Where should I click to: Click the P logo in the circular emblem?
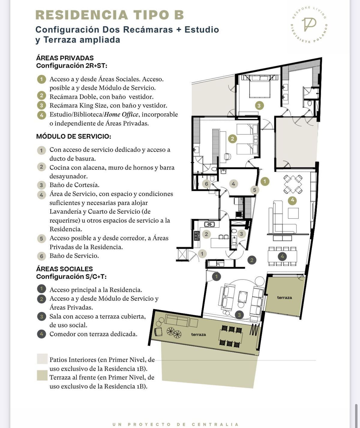[x=309, y=24]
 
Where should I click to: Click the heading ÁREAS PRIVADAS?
[x=65, y=58]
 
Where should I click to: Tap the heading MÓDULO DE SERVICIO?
[x=73, y=136]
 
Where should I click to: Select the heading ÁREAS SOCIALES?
[x=64, y=269]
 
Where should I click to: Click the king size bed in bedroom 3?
[x=259, y=87]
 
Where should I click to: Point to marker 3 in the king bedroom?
[x=259, y=106]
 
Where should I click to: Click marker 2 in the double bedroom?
[x=232, y=139]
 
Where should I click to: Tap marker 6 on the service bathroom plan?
[x=206, y=184]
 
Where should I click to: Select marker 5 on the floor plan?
[x=254, y=190]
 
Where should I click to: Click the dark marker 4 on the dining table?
[x=282, y=256]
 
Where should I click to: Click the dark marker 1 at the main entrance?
[x=216, y=277]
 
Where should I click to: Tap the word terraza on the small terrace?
[x=284, y=297]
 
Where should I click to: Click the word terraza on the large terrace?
[x=198, y=334]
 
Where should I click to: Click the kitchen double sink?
[x=209, y=224]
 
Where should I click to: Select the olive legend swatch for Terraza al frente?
[x=42, y=375]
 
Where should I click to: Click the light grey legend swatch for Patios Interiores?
[x=42, y=359]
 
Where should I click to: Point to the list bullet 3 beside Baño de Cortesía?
[x=41, y=185]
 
